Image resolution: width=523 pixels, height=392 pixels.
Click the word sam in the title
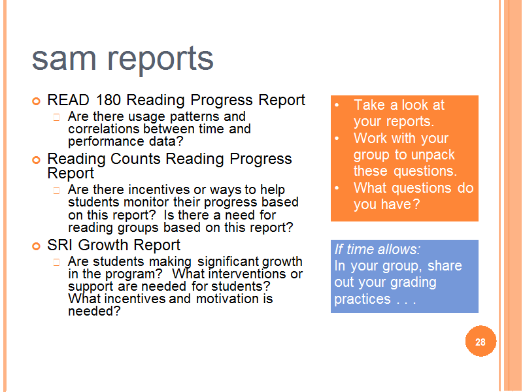pyautogui.click(x=63, y=59)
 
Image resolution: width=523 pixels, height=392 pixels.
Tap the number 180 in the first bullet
pyautogui.click(x=108, y=100)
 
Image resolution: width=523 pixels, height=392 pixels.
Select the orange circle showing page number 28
pyautogui.click(x=481, y=341)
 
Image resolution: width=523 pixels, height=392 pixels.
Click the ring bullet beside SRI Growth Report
pyautogui.click(x=36, y=246)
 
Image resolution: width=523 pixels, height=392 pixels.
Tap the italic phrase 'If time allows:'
pyautogui.click(x=377, y=250)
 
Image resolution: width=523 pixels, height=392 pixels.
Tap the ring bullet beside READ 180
pyautogui.click(x=36, y=101)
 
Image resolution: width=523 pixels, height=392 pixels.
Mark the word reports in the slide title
pyautogui.click(x=160, y=60)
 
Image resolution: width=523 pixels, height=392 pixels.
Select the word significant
pyautogui.click(x=228, y=262)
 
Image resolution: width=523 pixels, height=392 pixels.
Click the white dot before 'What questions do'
pyautogui.click(x=337, y=188)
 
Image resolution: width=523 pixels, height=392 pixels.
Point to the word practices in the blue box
pyautogui.click(x=362, y=299)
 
